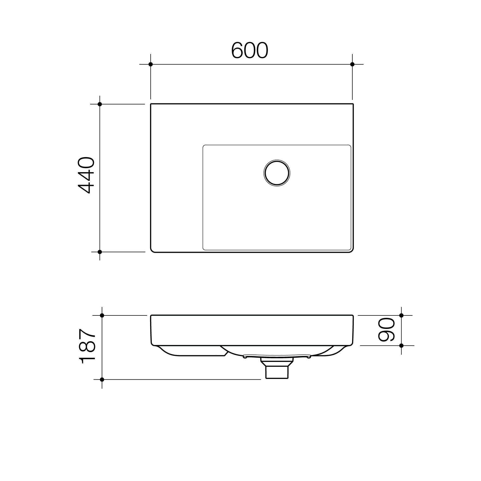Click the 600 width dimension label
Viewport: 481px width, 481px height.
point(249,50)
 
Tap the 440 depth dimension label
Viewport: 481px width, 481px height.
point(86,175)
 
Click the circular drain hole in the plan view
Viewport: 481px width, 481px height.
point(277,173)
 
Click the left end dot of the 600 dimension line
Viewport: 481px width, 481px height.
point(151,64)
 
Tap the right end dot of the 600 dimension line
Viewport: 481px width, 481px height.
point(352,64)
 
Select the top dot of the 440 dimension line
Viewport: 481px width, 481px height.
point(100,104)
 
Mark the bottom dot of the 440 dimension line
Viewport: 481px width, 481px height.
point(100,252)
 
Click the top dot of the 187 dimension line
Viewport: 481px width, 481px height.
point(102,315)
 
